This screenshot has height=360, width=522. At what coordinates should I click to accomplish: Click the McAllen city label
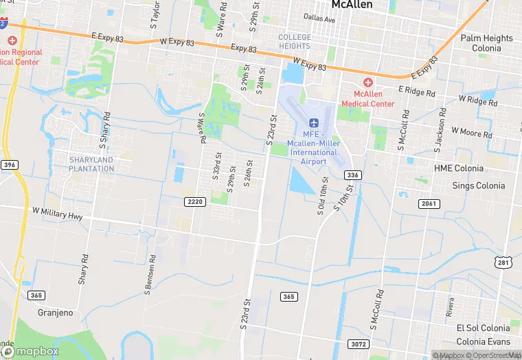352,5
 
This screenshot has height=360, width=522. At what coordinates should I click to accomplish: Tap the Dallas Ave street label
319,19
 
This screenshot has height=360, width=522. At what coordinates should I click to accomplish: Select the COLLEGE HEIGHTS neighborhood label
295,41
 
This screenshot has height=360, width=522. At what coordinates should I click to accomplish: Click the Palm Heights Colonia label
486,43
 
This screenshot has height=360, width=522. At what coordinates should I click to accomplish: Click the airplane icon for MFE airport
315,122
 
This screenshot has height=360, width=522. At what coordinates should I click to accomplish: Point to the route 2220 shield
195,201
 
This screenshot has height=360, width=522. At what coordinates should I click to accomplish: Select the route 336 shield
352,175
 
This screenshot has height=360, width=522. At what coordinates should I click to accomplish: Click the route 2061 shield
429,203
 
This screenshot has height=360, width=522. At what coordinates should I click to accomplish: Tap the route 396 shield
9,165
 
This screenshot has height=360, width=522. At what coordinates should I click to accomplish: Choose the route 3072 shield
357,343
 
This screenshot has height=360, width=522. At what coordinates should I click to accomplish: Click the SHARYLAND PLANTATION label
91,164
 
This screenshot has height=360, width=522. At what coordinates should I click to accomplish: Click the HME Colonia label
459,168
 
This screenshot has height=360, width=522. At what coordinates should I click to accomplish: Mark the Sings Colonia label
478,185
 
